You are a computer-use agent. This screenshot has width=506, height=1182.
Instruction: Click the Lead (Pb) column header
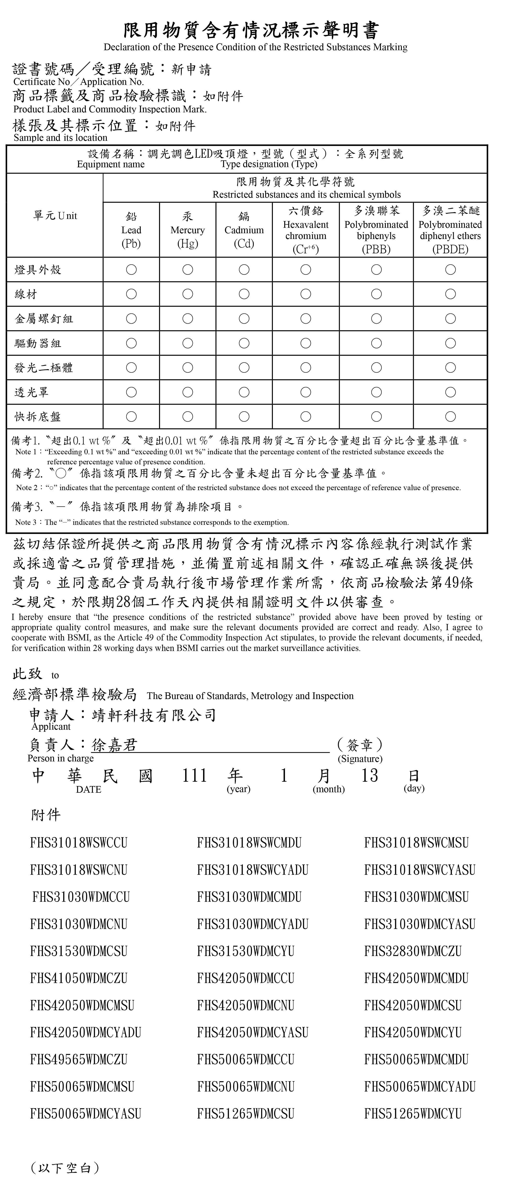131,230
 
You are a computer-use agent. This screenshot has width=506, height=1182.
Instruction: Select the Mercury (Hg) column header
188,230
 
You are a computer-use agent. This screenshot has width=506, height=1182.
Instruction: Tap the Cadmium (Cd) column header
244,230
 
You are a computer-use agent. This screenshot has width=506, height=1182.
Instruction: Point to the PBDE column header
450,230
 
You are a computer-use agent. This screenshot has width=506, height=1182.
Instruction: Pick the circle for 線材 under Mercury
188,294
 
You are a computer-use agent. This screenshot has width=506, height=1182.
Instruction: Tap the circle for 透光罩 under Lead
131,392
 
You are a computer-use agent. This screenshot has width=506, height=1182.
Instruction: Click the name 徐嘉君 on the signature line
114,745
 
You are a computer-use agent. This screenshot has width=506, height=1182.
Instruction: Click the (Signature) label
360,759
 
